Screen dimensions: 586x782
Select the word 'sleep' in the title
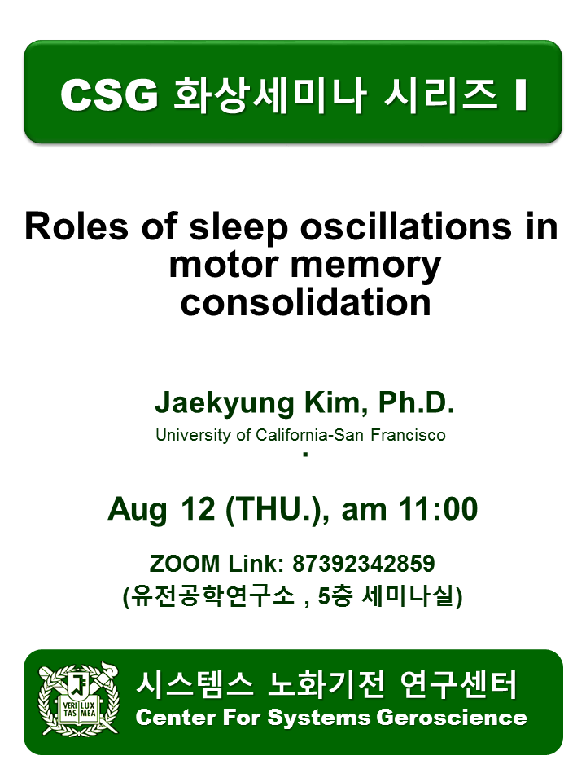pyautogui.click(x=238, y=228)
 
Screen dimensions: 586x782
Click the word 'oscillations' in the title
pyautogui.click(x=405, y=227)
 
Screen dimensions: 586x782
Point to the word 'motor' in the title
pyautogui.click(x=224, y=265)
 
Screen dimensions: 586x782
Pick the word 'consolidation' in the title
pyautogui.click(x=305, y=302)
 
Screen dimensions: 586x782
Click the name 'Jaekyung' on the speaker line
pyautogui.click(x=225, y=403)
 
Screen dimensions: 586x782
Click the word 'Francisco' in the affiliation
pyautogui.click(x=408, y=435)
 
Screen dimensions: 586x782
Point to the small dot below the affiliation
pyautogui.click(x=305, y=455)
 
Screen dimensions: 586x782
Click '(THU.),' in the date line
pyautogui.click(x=278, y=509)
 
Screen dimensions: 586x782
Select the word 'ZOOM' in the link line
pyautogui.click(x=185, y=564)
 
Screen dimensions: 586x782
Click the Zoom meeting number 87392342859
pyautogui.click(x=363, y=564)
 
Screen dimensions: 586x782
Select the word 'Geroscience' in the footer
pyautogui.click(x=452, y=718)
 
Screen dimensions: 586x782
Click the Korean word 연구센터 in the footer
pyautogui.click(x=458, y=685)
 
